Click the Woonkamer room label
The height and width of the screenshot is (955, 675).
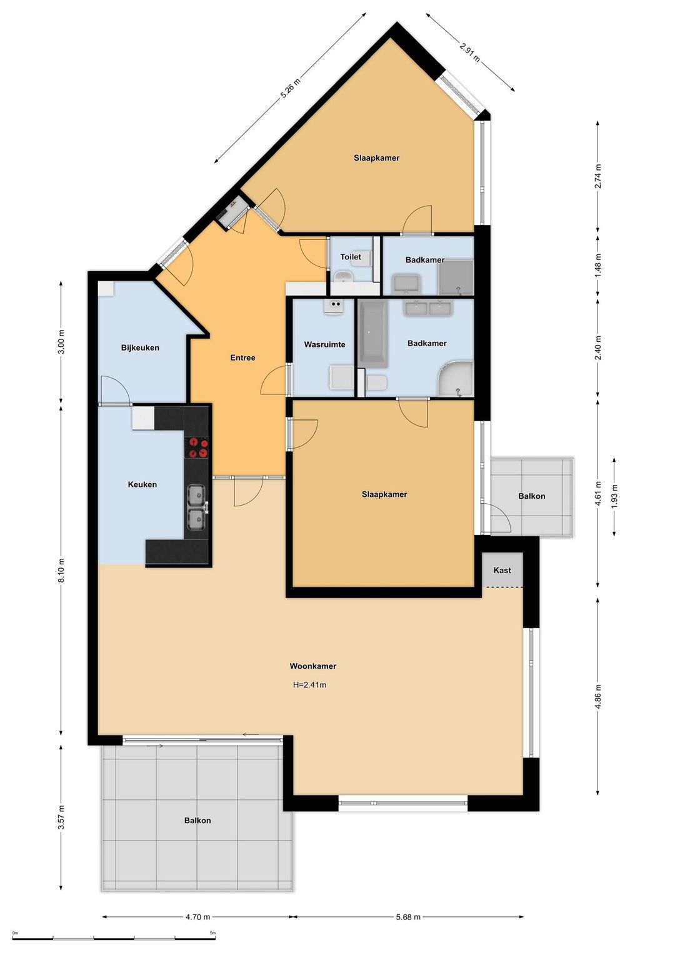[312, 666]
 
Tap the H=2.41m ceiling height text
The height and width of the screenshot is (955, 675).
[309, 685]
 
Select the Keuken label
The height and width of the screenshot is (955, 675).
[142, 484]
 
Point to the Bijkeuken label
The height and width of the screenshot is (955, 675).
[140, 347]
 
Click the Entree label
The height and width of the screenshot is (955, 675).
[242, 357]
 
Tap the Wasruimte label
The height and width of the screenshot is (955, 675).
[324, 344]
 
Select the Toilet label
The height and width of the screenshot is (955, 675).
[351, 257]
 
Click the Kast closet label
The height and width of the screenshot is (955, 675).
[502, 570]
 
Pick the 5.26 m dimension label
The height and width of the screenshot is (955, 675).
[290, 89]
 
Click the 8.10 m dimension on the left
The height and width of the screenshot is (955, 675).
[61, 570]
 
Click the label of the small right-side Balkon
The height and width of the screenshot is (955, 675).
[532, 496]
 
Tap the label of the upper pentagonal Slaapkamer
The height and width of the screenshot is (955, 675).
[376, 157]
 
